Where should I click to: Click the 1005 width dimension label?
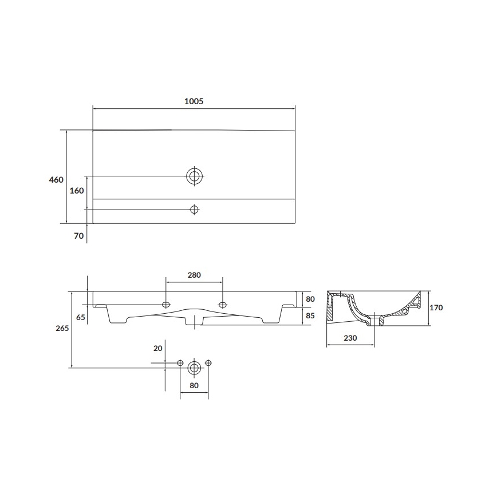pyautogui.click(x=194, y=101)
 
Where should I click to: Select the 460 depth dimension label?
pyautogui.click(x=56, y=180)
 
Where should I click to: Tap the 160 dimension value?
pyautogui.click(x=77, y=191)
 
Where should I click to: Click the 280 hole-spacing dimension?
pyautogui.click(x=194, y=275)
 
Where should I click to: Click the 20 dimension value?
pyautogui.click(x=158, y=349)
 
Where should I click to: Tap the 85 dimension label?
pyautogui.click(x=311, y=315)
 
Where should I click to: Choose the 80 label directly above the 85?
pyautogui.click(x=311, y=299)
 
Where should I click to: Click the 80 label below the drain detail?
pyautogui.click(x=194, y=385)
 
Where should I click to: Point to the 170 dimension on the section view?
pyautogui.click(x=436, y=307)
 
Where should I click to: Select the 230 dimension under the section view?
pyautogui.click(x=350, y=338)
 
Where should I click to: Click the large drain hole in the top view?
pyautogui.click(x=195, y=176)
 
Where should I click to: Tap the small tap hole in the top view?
pyautogui.click(x=195, y=210)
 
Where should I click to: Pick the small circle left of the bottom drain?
pyautogui.click(x=181, y=363)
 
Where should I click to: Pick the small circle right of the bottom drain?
pyautogui.click(x=208, y=363)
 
